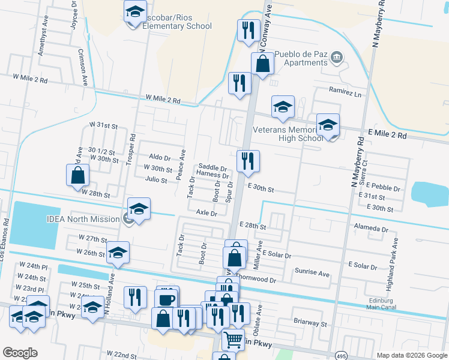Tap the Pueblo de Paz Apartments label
(x=301, y=58)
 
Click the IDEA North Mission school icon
(x=139, y=210)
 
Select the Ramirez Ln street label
(x=346, y=94)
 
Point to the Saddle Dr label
(x=212, y=168)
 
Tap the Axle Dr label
(x=206, y=212)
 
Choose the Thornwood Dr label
(x=256, y=280)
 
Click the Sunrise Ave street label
(x=312, y=273)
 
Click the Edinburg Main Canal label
(x=382, y=303)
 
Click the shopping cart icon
(x=233, y=340)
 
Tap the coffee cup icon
(x=166, y=298)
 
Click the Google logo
(x=20, y=353)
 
